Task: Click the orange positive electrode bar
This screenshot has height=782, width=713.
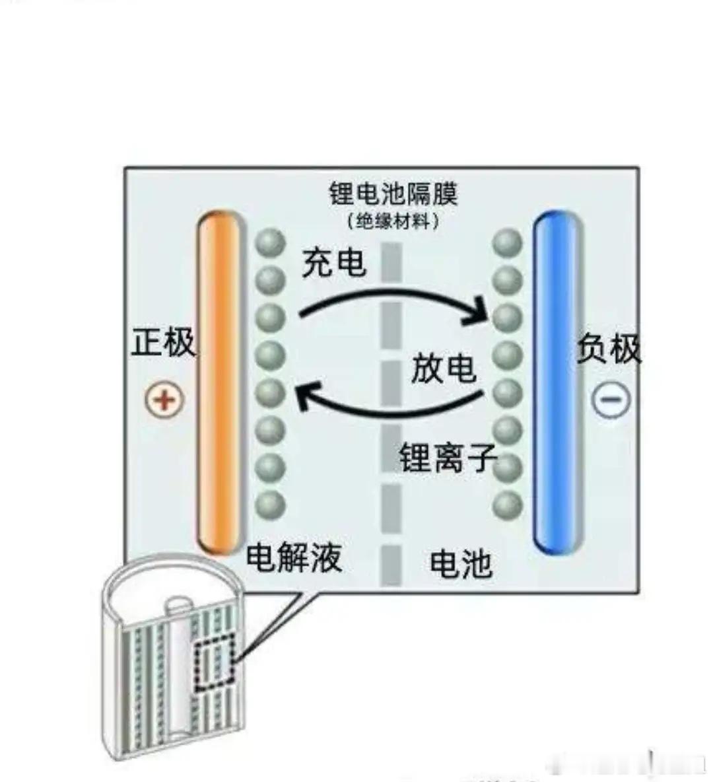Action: [x=219, y=383]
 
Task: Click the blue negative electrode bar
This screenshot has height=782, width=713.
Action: [x=559, y=383]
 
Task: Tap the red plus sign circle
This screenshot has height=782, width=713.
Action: [x=164, y=400]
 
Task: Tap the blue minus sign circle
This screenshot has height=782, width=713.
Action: [x=611, y=400]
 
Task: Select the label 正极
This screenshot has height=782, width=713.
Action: [x=164, y=343]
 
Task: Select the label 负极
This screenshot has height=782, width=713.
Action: [x=609, y=348]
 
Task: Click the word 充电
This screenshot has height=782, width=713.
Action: [x=333, y=262]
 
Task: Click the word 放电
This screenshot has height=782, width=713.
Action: [x=443, y=367]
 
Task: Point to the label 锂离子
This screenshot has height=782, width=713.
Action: [x=447, y=457]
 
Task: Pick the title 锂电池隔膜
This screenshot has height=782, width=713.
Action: [x=393, y=194]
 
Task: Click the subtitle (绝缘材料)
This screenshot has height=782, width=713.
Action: [x=393, y=221]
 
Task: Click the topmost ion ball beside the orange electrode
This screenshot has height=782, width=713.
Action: [x=269, y=242]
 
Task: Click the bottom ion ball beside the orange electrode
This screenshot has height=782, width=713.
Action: [x=269, y=506]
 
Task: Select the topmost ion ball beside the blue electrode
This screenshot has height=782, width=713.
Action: [x=507, y=242]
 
